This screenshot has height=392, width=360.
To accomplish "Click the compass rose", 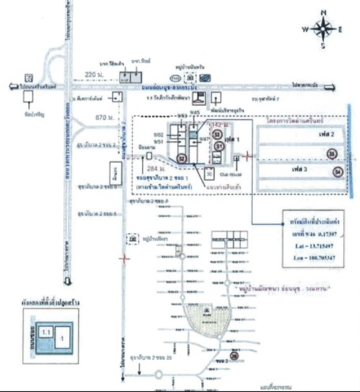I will tap(322, 29).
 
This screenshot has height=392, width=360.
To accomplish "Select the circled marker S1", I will tap(219, 146).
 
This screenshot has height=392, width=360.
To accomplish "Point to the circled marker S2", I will tap(181, 158).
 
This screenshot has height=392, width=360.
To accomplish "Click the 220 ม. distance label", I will tap(92, 74).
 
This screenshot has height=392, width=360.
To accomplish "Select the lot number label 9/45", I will tap(195, 113).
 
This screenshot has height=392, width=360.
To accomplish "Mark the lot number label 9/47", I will tap(205, 139).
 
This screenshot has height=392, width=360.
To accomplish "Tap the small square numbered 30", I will tap(209, 173).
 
